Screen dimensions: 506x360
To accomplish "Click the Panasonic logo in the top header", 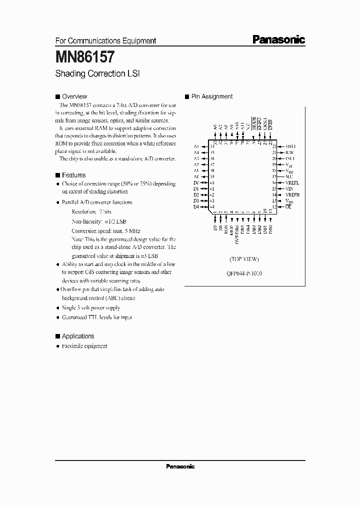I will pyautogui.click(x=278, y=40).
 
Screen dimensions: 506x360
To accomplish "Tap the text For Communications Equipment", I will pyautogui.click(x=105, y=41).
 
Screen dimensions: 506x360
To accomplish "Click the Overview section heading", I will pyautogui.click(x=74, y=96).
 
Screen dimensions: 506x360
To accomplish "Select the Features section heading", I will pyautogui.click(x=73, y=175).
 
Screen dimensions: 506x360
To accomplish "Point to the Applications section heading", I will pyautogui.click(x=77, y=336).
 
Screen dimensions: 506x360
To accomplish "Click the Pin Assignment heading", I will pyautogui.click(x=211, y=96).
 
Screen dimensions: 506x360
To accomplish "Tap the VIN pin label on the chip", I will pyautogui.click(x=289, y=188).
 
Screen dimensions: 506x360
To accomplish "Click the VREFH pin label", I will pyautogui.click(x=292, y=194).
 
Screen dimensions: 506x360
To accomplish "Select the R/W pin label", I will pyautogui.click(x=289, y=152).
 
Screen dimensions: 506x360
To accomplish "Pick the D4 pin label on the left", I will pyautogui.click(x=196, y=206).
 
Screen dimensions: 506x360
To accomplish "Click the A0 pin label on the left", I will pyautogui.click(x=196, y=176).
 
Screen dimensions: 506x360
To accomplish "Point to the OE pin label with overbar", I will pyautogui.click(x=288, y=206).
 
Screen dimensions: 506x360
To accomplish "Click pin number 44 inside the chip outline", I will pyautogui.click(x=212, y=206).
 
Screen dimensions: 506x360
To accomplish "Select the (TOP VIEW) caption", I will pyautogui.click(x=244, y=259).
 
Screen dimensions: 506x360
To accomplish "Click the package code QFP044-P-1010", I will pyautogui.click(x=245, y=273).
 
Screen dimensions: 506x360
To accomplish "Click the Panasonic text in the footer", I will pyautogui.click(x=180, y=466).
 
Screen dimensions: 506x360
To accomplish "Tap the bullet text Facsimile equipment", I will pyautogui.click(x=84, y=346).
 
